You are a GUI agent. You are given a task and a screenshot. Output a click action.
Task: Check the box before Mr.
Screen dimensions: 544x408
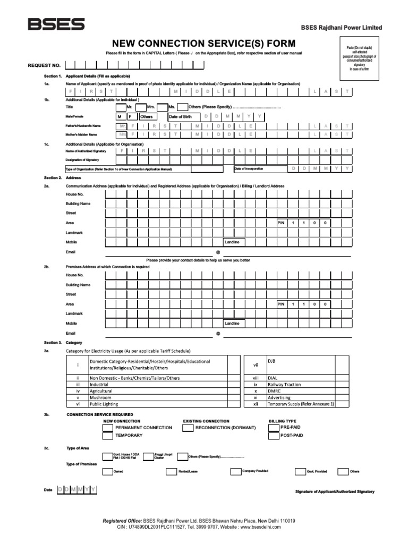[x=121, y=107]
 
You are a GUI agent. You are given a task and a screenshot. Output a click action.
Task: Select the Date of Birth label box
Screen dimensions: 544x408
[x=183, y=116]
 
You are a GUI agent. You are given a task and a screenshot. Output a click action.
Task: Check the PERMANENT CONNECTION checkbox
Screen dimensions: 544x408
[x=108, y=428]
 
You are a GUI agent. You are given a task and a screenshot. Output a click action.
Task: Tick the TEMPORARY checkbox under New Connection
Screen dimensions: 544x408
[x=108, y=436]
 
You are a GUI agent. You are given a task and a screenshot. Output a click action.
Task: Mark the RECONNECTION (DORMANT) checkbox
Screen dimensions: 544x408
[x=188, y=428]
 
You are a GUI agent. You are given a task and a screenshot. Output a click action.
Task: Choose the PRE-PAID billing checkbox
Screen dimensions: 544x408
[x=274, y=427]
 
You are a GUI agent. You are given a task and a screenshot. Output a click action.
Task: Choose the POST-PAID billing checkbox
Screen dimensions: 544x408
[x=274, y=436]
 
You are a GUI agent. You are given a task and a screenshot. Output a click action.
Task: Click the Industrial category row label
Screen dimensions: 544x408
[x=99, y=384]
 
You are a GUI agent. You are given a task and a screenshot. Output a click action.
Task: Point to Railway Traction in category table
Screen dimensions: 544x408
[x=284, y=384]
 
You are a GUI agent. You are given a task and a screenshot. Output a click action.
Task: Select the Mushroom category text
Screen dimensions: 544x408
[x=100, y=397]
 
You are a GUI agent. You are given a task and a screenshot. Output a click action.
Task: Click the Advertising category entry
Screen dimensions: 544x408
[x=279, y=397]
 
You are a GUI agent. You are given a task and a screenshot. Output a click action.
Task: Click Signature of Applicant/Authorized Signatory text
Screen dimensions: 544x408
[x=335, y=491]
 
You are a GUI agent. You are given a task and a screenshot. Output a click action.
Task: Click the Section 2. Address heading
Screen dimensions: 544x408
[x=61, y=177]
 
